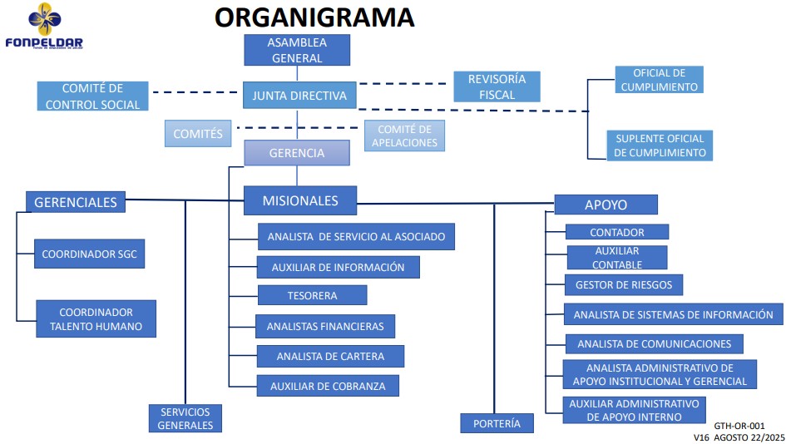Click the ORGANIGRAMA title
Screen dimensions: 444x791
click(x=314, y=17)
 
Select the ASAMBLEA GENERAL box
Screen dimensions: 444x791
click(x=296, y=50)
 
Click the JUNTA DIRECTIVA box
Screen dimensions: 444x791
click(x=299, y=96)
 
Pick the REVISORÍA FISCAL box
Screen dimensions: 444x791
click(x=497, y=86)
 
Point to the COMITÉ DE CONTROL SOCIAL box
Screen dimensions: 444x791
click(x=93, y=96)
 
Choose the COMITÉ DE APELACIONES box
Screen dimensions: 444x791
click(x=404, y=136)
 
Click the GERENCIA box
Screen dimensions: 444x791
click(x=296, y=153)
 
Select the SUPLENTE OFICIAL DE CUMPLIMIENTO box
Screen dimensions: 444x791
click(x=660, y=146)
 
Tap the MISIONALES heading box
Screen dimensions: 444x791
click(x=300, y=200)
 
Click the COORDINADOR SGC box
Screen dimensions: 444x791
click(x=90, y=254)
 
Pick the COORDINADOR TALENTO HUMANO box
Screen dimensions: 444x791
click(x=96, y=319)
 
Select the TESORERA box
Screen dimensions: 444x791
click(x=312, y=295)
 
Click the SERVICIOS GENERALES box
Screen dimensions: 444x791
click(x=185, y=418)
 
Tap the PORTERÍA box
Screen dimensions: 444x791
click(x=497, y=423)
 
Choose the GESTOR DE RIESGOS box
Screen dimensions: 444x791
click(x=623, y=285)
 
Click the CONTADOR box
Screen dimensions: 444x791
click(x=616, y=232)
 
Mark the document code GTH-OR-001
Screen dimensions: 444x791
click(x=739, y=425)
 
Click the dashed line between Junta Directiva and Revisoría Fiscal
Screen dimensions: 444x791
click(x=406, y=84)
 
